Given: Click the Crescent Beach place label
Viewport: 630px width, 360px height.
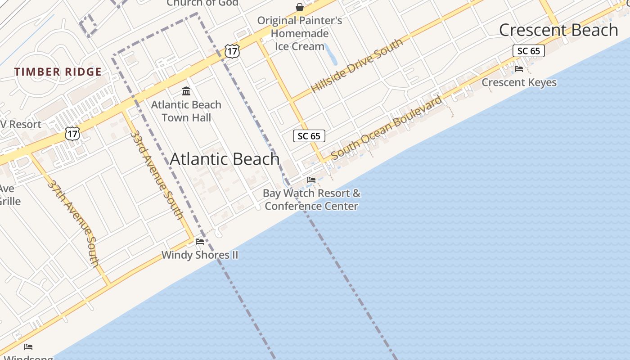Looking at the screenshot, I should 558,30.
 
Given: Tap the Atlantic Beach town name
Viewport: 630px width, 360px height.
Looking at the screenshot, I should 225,159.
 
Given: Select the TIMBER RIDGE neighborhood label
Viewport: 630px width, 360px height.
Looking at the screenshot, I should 58,72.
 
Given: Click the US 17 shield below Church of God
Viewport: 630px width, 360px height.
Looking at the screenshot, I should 232,51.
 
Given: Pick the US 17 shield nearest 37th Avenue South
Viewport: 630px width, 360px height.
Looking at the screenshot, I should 72,133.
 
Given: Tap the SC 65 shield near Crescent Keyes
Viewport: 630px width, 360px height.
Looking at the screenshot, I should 528,51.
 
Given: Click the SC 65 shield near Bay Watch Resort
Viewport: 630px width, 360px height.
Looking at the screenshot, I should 309,136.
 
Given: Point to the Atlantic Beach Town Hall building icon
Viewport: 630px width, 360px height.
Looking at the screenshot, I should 186,92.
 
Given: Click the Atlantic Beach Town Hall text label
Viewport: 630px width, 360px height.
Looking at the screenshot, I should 186,111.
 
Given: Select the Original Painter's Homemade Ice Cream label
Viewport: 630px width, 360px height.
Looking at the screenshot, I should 300,33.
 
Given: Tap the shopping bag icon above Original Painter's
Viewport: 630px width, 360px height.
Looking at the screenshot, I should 300,7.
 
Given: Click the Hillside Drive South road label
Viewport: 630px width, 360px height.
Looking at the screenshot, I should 356,66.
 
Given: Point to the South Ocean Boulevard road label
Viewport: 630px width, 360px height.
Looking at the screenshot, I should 387,128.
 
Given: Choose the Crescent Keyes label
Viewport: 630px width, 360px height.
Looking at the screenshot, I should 519,82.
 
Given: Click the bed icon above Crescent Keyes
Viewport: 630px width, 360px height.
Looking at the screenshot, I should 519,69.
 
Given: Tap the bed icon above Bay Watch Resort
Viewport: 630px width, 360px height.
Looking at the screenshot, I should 311,180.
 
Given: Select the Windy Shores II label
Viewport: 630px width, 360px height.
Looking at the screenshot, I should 200,255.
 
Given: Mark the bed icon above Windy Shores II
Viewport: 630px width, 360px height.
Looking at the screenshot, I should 200,242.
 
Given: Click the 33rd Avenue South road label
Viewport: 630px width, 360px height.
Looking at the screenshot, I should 157,175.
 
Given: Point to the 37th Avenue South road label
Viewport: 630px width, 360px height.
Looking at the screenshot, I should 73,224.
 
